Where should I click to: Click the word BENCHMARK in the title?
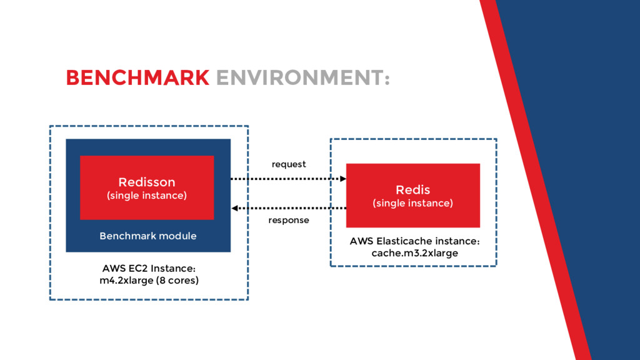[137, 77]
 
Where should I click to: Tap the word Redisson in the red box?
[147, 182]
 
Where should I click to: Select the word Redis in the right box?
[412, 190]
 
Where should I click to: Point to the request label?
[289, 164]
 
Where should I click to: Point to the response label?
[289, 221]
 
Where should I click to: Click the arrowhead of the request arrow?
[343, 179]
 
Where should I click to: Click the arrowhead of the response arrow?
[234, 208]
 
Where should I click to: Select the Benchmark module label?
[148, 236]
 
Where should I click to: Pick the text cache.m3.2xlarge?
[415, 253]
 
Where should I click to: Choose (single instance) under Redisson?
[147, 196]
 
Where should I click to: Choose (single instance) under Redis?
[412, 203]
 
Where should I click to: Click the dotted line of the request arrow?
[286, 179]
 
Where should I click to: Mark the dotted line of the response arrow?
[291, 208]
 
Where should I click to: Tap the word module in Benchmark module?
[177, 236]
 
